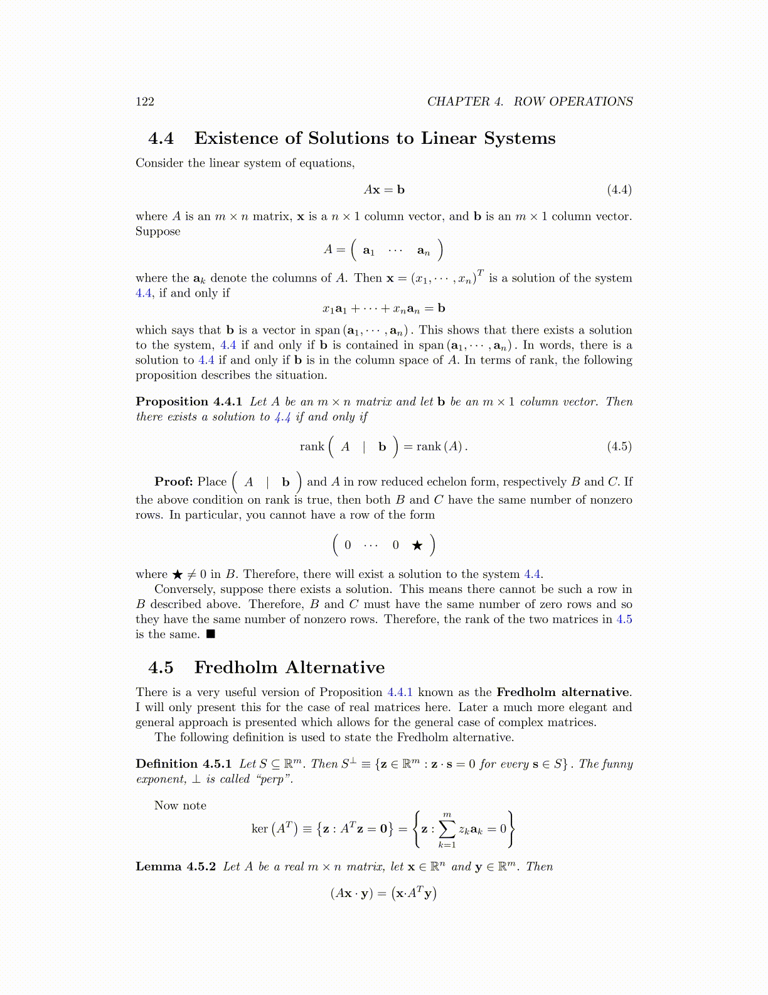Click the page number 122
pyautogui.click(x=145, y=102)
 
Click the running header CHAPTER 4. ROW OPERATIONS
pyautogui.click(x=530, y=102)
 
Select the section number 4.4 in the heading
pyautogui.click(x=161, y=138)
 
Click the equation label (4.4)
pyautogui.click(x=619, y=190)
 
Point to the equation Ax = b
pyautogui.click(x=384, y=190)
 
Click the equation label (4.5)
pyautogui.click(x=619, y=447)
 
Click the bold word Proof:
pyautogui.click(x=173, y=482)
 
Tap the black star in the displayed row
pyautogui.click(x=417, y=545)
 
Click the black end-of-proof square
pyautogui.click(x=211, y=634)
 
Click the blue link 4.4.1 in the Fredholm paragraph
pyautogui.click(x=400, y=692)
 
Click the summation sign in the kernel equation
pyautogui.click(x=447, y=829)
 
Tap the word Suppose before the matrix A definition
pyautogui.click(x=158, y=231)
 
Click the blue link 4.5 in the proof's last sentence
pyautogui.click(x=624, y=619)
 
